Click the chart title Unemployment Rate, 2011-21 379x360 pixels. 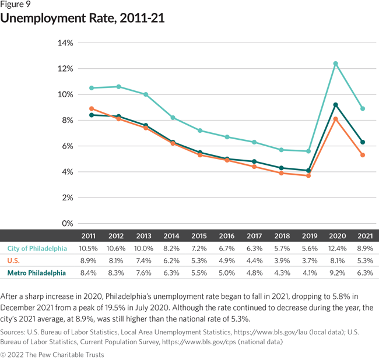pyautogui.click(x=82, y=19)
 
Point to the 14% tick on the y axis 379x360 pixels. pyautogui.click(x=65, y=43)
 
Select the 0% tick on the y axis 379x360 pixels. pyautogui.click(x=67, y=224)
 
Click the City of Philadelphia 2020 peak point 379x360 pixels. pyautogui.click(x=335, y=63)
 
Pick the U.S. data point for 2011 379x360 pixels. pyautogui.click(x=92, y=108)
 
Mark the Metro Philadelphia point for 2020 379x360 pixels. pyautogui.click(x=335, y=105)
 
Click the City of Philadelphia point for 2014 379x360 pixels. pyautogui.click(x=173, y=118)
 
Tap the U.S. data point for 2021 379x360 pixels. pyautogui.click(x=363, y=155)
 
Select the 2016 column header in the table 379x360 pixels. pyautogui.click(x=227, y=237)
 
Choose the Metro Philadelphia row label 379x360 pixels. pyautogui.click(x=36, y=273)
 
